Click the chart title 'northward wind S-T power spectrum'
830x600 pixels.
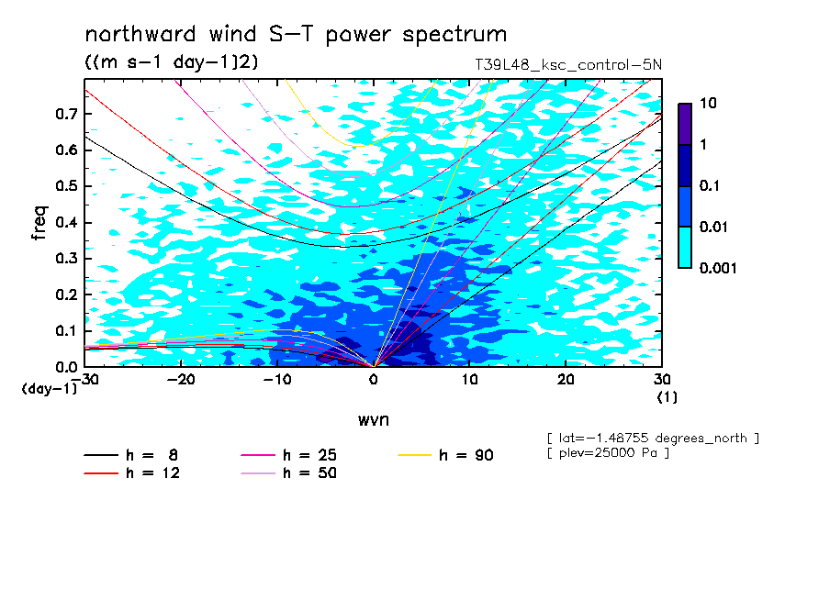click(x=296, y=35)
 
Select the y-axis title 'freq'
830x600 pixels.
click(x=39, y=223)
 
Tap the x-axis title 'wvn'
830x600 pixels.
click(x=374, y=420)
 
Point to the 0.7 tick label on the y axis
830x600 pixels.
click(x=67, y=114)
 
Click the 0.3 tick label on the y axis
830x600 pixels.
click(x=67, y=258)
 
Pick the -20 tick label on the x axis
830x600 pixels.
click(x=181, y=380)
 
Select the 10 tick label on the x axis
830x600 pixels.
click(x=470, y=380)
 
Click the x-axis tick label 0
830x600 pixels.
click(x=374, y=380)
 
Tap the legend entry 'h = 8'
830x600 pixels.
click(x=131, y=455)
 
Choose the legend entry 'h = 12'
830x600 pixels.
click(x=132, y=472)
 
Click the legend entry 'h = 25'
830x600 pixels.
click(x=289, y=455)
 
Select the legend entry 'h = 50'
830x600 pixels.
click(x=289, y=472)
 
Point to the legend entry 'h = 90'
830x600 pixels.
click(x=445, y=455)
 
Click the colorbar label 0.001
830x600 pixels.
click(x=718, y=268)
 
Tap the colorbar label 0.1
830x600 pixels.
click(x=710, y=185)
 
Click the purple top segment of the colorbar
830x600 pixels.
click(x=685, y=124)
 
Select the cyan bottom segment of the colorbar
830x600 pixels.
click(x=685, y=248)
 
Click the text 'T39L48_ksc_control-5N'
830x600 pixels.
click(x=568, y=65)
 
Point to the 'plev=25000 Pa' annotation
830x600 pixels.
click(x=608, y=453)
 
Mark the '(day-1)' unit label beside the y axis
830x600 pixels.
click(x=50, y=389)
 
